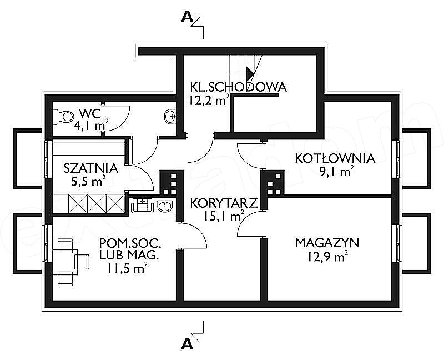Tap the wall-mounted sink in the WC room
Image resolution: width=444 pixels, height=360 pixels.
(x=170, y=116)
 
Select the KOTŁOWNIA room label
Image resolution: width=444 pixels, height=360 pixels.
(x=335, y=158)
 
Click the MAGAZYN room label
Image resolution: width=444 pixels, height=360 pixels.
(x=327, y=243)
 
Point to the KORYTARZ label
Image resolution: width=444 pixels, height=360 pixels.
(x=224, y=203)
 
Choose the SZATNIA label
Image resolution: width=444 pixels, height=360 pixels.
(x=90, y=168)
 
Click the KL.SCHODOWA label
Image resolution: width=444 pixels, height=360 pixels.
(x=239, y=87)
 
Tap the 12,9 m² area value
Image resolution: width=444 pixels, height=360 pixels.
(x=327, y=257)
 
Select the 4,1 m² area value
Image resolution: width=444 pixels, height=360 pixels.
(x=91, y=125)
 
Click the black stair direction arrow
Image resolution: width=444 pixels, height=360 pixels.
(x=250, y=73)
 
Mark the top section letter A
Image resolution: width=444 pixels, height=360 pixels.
(x=187, y=17)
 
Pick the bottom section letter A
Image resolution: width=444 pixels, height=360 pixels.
(x=187, y=344)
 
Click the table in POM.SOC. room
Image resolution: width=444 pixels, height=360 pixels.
(x=65, y=262)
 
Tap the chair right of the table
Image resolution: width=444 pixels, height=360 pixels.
(x=82, y=262)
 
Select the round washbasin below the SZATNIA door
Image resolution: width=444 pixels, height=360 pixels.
(x=165, y=206)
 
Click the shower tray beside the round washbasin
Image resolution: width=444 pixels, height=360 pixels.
(x=142, y=206)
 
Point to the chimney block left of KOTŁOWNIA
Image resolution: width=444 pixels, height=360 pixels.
(x=273, y=183)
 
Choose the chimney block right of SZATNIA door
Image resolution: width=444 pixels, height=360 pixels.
(x=171, y=183)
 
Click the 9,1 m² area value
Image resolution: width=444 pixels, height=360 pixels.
(x=337, y=172)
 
